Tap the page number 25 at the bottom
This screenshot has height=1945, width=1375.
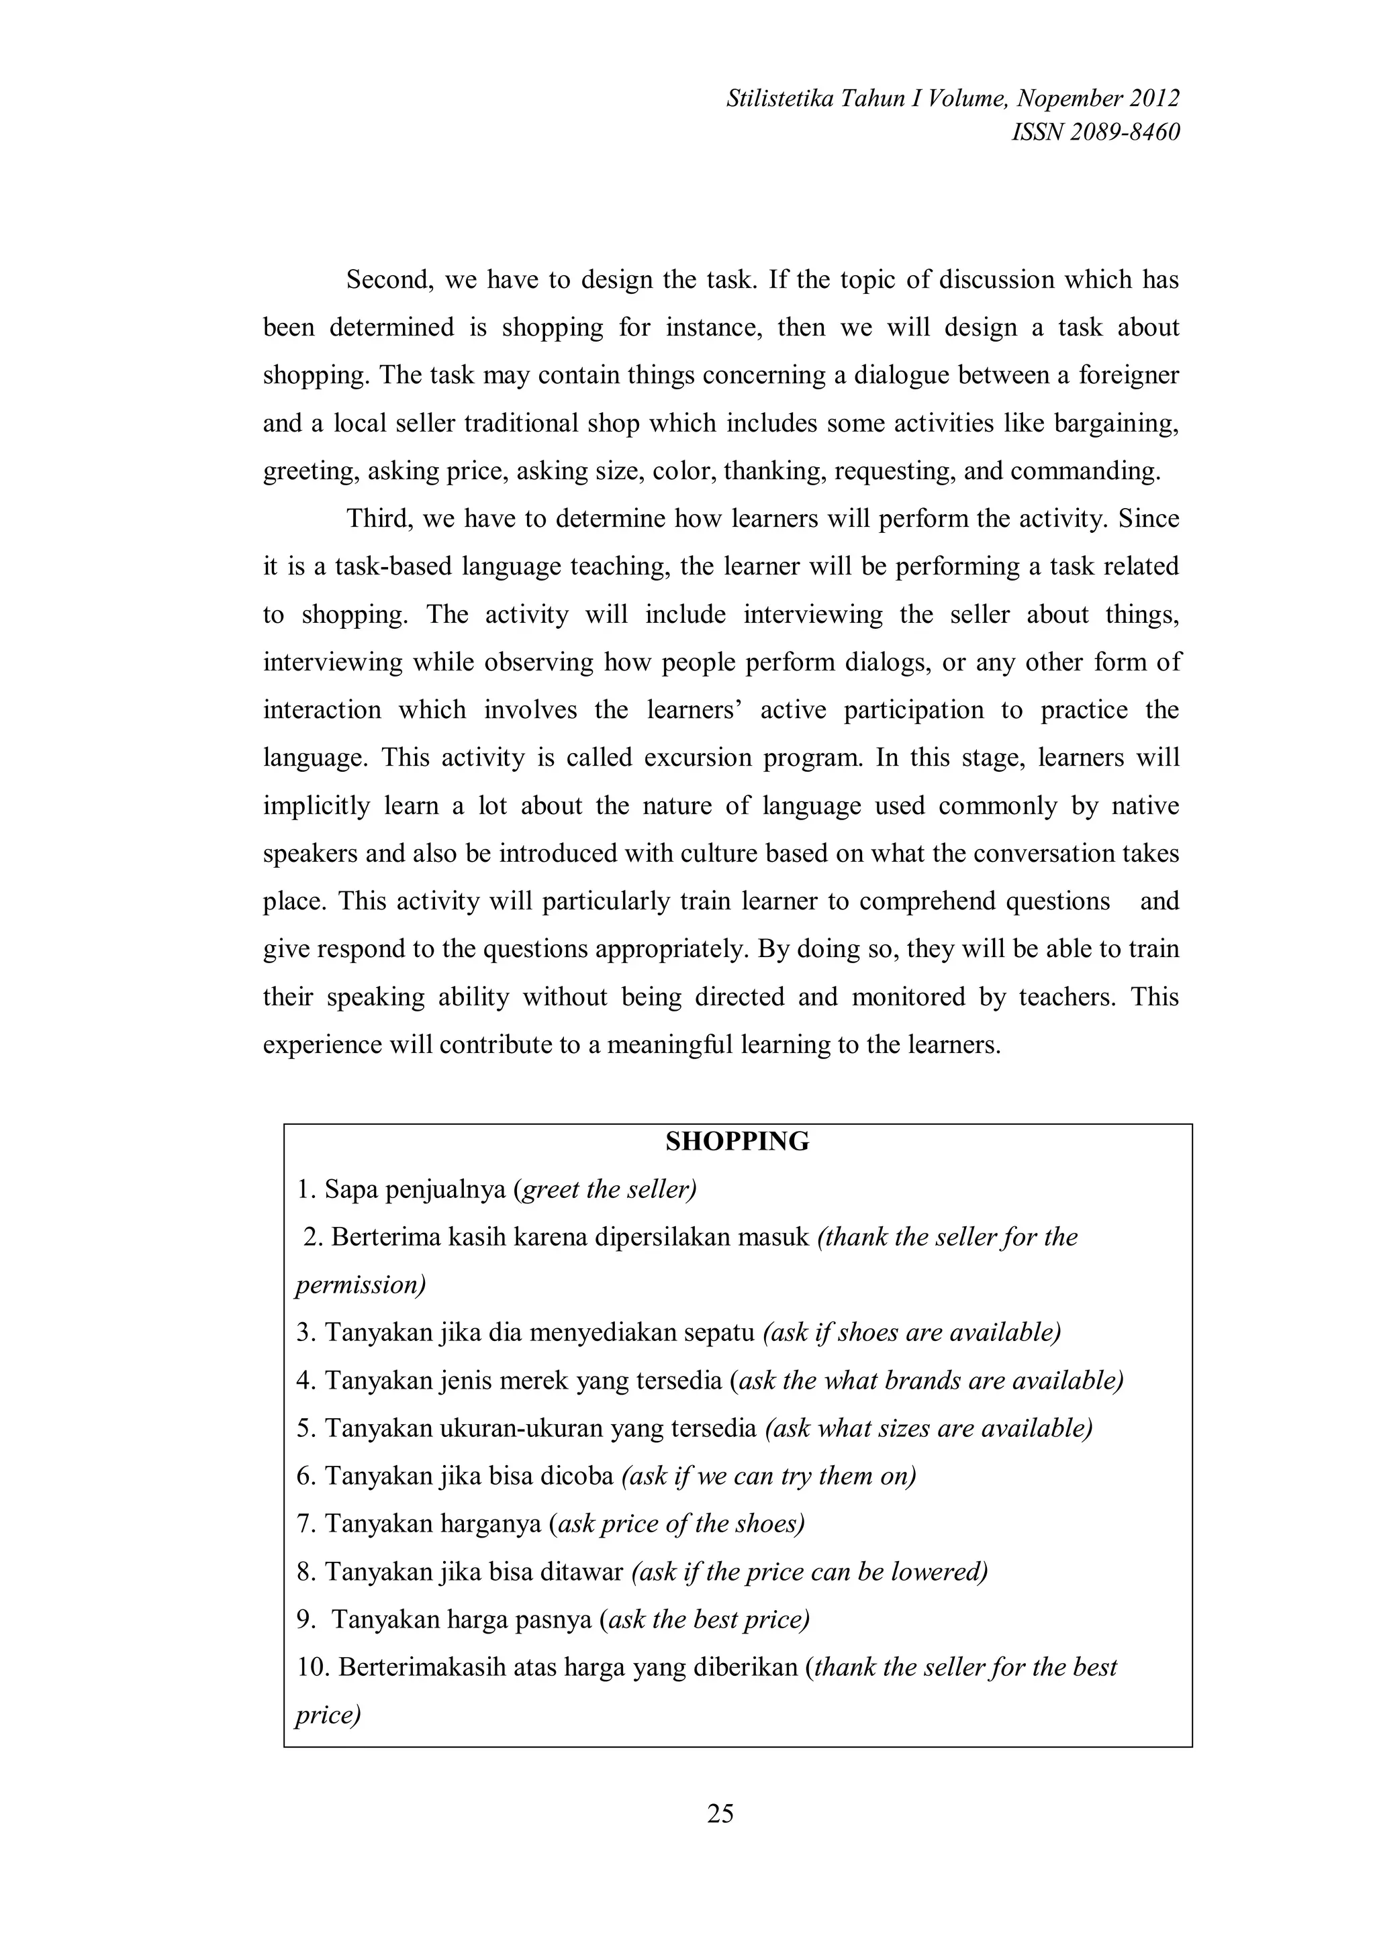720,1813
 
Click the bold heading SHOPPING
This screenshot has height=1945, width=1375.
737,1142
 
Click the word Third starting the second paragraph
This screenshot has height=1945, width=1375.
379,518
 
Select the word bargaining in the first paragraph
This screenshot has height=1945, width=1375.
1115,423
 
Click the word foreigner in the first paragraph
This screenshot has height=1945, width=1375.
1129,375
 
